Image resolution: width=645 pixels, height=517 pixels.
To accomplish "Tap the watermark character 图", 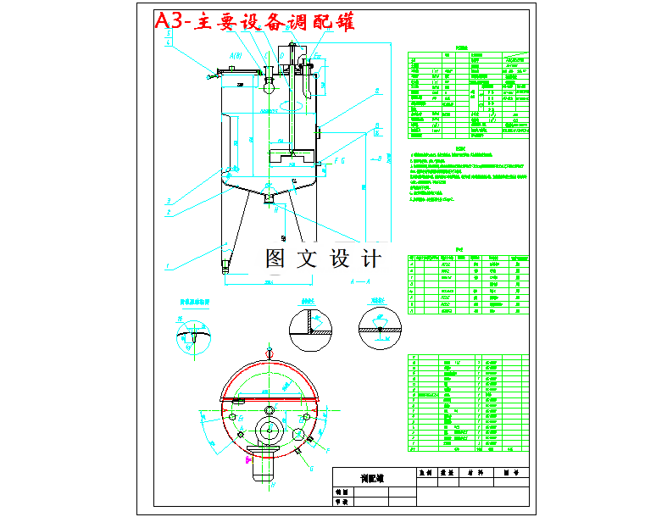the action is [277, 258].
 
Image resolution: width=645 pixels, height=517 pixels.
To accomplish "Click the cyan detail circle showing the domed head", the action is [194, 337].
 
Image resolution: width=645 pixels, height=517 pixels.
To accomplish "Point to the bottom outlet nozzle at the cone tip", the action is [270, 198].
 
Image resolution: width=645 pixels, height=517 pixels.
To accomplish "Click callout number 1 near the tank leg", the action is [169, 266].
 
